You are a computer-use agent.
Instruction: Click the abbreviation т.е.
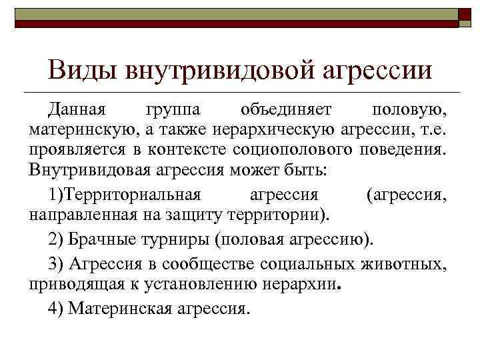434,128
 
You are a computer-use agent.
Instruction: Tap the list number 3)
55,264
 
